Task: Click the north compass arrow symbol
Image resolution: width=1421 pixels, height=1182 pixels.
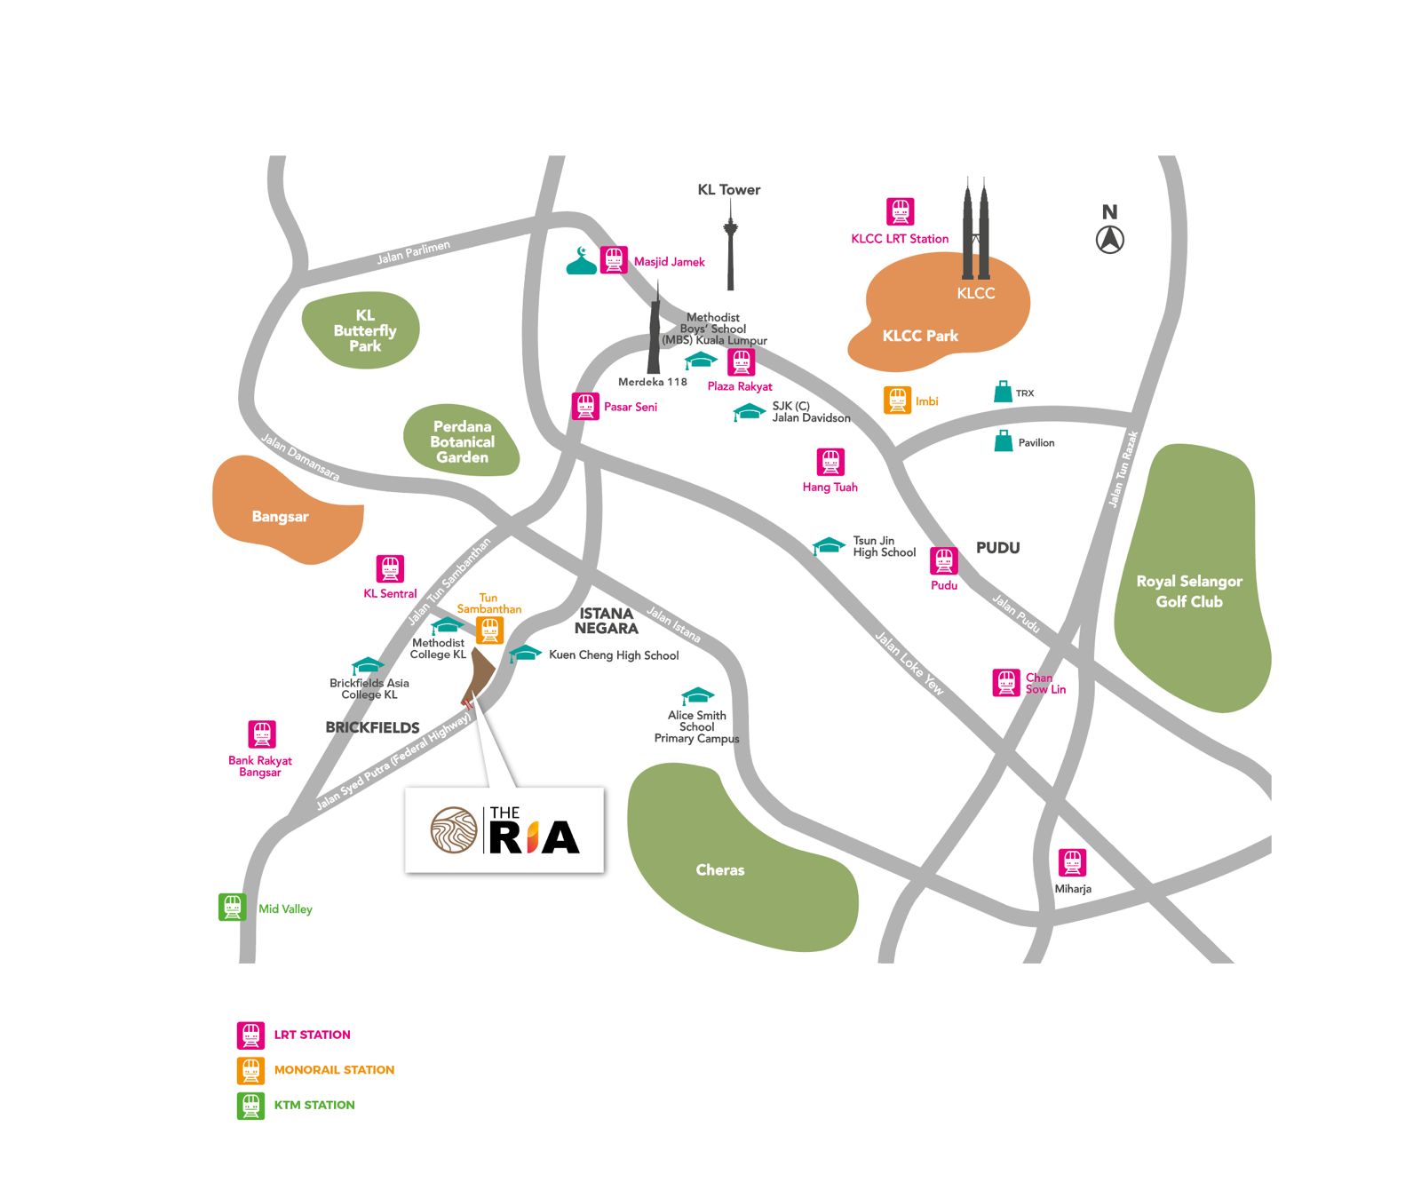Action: pos(1109,239)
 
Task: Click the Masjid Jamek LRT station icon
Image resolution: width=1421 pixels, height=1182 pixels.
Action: pos(614,260)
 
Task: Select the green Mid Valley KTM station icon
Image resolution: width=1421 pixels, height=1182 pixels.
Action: pos(233,908)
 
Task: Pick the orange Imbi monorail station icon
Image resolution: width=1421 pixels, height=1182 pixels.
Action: pos(897,401)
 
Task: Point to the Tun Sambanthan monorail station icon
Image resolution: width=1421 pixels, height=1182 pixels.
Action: pos(489,631)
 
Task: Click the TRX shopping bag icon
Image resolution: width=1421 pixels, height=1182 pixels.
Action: pos(1003,392)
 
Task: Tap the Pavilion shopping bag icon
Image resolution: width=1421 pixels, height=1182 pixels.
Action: pos(1004,441)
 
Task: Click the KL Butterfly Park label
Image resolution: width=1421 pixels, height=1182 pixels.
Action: pos(365,330)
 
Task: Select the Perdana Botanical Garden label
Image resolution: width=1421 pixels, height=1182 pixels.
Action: pos(462,441)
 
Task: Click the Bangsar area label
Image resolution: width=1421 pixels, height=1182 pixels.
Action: pos(280,517)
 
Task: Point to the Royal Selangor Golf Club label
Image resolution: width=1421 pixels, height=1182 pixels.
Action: pos(1189,591)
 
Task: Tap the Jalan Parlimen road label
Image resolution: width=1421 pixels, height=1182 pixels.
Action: pos(413,252)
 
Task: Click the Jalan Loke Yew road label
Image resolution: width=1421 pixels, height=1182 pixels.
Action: pos(909,662)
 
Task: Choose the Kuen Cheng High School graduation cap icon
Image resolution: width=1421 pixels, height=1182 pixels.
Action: pos(525,654)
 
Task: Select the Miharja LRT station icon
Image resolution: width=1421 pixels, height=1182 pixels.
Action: pos(1072,862)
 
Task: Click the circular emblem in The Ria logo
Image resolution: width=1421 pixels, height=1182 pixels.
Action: pos(454,830)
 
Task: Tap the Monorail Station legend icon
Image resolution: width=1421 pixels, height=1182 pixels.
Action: pos(250,1070)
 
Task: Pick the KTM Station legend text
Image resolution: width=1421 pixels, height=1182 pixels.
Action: pos(314,1106)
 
